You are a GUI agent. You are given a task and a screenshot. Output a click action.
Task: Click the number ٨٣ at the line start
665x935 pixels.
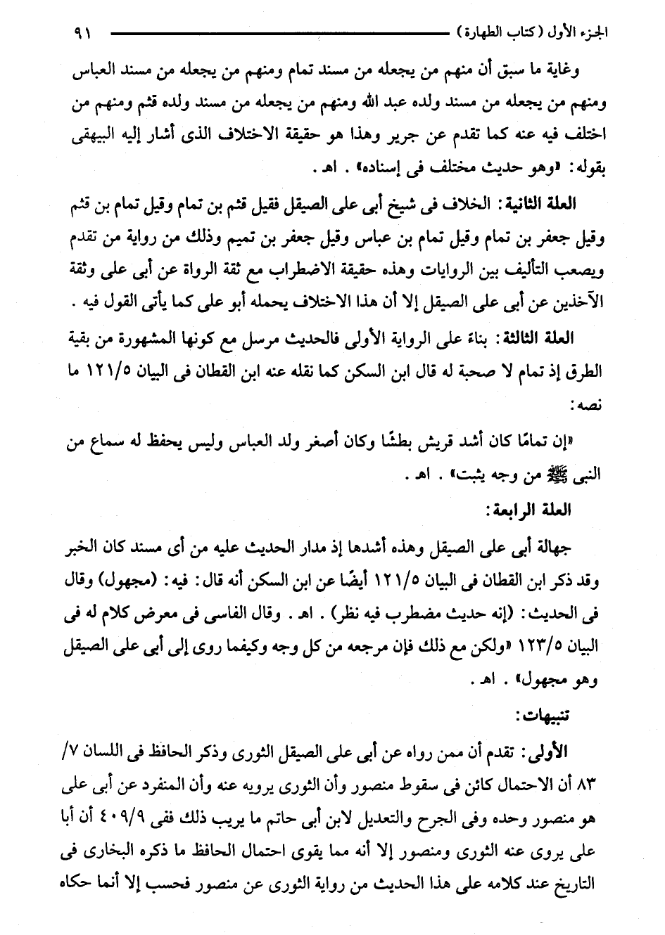586,785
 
